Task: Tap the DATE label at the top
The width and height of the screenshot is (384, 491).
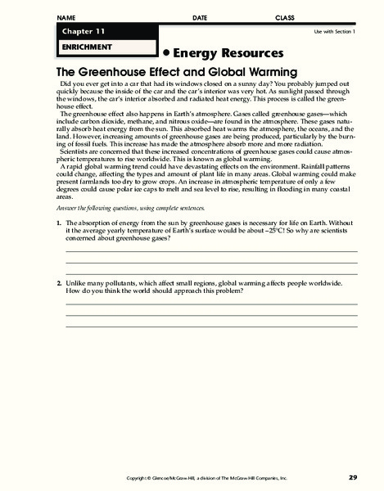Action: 200,17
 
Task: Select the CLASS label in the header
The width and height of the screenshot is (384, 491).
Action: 285,17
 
